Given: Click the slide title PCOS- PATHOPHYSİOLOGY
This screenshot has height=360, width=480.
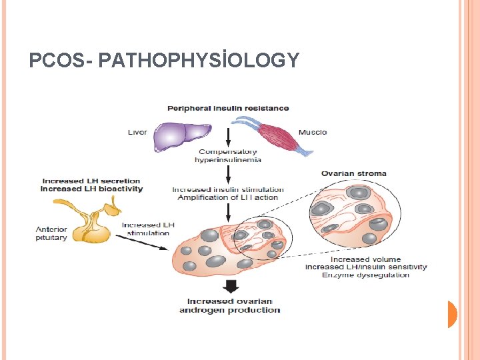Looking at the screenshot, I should [164, 61].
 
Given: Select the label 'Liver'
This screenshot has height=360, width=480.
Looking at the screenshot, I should [137, 133].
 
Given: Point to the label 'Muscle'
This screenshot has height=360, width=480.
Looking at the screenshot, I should [313, 132].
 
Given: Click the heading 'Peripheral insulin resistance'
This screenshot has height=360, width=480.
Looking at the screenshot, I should [228, 108].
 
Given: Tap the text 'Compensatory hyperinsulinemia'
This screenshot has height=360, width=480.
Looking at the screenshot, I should [228, 156].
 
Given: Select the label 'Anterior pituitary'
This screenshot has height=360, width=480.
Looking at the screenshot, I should [51, 234].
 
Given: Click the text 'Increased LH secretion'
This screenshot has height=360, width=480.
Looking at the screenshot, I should [91, 181].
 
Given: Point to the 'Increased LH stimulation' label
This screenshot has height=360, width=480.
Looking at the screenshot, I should [148, 229].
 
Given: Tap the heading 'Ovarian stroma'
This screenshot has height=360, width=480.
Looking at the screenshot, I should [353, 174].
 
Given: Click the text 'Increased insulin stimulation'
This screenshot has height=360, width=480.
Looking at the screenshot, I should [228, 189].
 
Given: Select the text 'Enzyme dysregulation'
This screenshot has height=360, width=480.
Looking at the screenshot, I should [365, 275].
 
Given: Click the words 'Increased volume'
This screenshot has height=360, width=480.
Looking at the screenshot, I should [365, 259].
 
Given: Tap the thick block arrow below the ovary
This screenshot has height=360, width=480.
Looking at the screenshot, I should [229, 287].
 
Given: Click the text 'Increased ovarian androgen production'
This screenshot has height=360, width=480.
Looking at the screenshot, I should [229, 305].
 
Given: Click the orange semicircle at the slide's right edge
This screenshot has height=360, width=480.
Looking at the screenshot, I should [452, 314].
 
